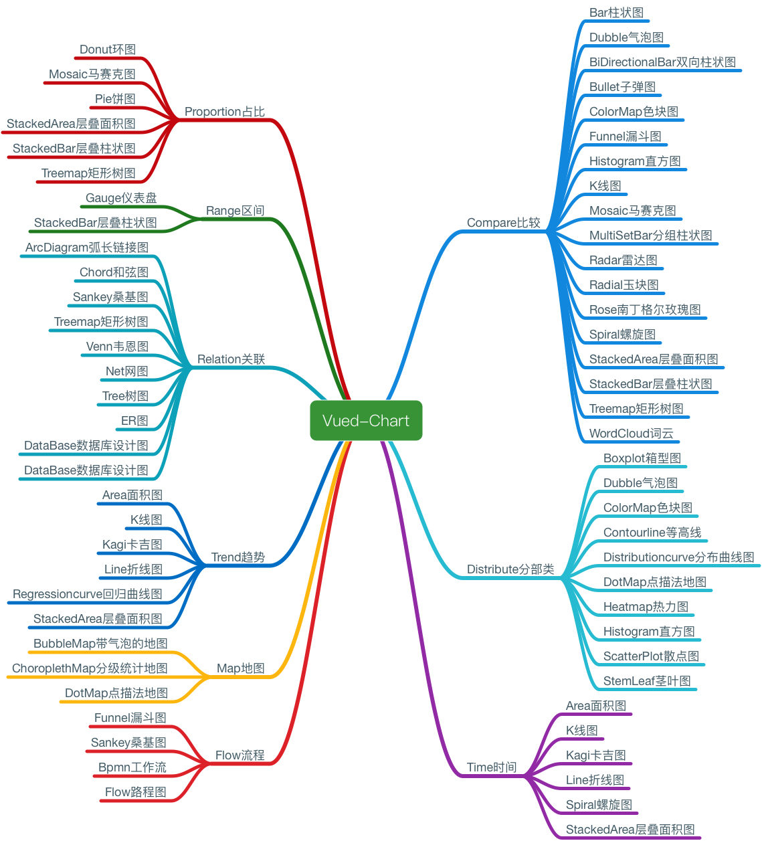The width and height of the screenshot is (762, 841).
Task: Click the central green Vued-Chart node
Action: point(366,421)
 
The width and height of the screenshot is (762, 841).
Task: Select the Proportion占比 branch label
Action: point(224,112)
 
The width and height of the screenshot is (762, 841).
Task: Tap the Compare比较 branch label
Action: point(503,223)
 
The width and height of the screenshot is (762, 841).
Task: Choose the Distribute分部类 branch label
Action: point(510,569)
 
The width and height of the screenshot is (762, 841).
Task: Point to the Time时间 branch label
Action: point(492,767)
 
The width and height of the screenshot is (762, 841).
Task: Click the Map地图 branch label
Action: point(240,668)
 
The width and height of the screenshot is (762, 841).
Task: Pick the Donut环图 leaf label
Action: point(107,50)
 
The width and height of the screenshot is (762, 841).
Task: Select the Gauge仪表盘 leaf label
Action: point(121,198)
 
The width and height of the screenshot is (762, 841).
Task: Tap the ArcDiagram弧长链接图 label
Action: point(87,248)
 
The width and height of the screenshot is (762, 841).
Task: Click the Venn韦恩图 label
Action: point(117,347)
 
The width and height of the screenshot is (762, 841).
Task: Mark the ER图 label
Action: point(134,421)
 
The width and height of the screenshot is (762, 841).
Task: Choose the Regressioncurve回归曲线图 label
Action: point(88,594)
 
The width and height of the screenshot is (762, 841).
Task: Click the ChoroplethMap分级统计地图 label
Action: point(90,668)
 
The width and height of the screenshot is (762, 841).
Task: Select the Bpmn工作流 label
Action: point(132,767)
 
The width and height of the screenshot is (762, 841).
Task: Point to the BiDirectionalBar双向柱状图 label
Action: point(662,62)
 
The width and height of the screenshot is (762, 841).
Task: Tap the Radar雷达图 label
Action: point(623,260)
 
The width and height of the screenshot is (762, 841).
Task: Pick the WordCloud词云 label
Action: point(631,434)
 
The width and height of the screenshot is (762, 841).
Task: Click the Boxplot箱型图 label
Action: point(642,458)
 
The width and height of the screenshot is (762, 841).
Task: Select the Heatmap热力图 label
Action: point(646,607)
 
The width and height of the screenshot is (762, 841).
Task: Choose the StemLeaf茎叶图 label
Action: point(647,681)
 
